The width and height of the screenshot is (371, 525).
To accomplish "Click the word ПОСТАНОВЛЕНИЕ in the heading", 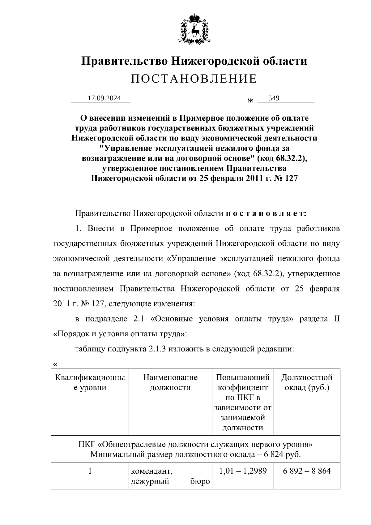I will [x=194, y=79].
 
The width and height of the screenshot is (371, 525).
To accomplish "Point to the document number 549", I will [x=274, y=98].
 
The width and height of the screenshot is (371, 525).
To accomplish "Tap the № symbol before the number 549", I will [x=250, y=101].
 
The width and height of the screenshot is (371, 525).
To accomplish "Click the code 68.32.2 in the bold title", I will [x=289, y=158].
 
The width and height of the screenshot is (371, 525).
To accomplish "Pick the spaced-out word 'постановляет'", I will [x=266, y=213].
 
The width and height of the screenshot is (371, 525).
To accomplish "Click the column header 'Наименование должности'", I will [x=170, y=382].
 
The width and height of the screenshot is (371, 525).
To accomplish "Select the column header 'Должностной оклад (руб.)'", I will [x=307, y=382].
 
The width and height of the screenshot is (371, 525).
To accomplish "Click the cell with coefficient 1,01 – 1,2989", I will [x=243, y=471].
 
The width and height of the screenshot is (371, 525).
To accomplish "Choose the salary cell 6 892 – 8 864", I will [x=307, y=471].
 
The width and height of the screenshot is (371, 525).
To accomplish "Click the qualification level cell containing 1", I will [x=90, y=471].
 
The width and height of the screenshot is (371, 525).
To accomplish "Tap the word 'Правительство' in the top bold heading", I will [x=124, y=61].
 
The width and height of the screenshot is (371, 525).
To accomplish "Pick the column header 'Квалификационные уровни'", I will [x=90, y=382].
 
